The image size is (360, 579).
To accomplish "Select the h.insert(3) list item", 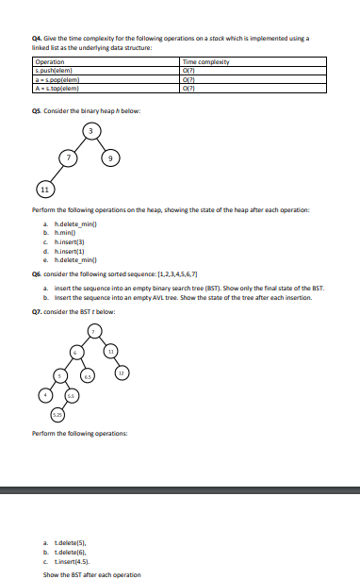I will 74,240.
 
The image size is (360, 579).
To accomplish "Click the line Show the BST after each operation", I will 92,573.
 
